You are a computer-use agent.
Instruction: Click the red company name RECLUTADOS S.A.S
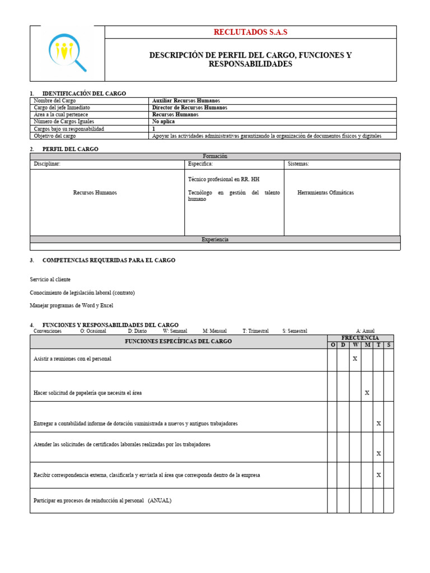[x=250, y=32]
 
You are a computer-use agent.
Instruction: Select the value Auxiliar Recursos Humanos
[x=186, y=101]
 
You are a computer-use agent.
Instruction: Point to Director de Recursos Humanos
[x=190, y=107]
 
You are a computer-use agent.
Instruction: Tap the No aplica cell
[x=163, y=121]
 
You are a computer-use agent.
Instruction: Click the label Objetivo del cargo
[x=55, y=136]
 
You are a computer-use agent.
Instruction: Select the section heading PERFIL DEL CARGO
[x=70, y=149]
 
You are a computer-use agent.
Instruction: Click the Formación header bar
[x=215, y=157]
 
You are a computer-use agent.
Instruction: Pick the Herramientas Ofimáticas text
[x=325, y=192]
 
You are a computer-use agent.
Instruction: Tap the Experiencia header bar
[x=215, y=239]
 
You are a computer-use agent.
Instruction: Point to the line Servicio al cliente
[x=50, y=279]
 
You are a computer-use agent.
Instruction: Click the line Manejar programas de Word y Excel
[x=71, y=306]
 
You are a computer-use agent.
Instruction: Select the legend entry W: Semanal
[x=175, y=331]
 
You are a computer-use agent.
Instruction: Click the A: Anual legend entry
[x=365, y=331]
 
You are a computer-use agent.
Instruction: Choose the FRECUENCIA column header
[x=360, y=338]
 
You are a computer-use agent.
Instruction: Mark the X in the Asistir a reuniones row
[x=355, y=359]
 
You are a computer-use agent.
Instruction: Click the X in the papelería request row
[x=367, y=393]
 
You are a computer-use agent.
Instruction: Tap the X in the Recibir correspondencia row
[x=378, y=475]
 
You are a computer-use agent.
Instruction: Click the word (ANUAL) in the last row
[x=160, y=500]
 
